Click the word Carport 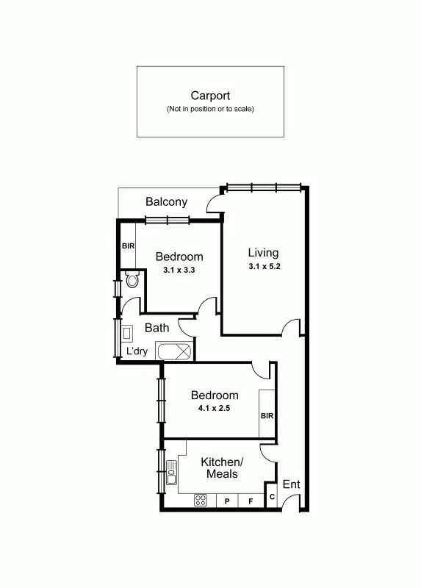point(210,96)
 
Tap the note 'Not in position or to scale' point(210,109)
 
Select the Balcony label point(166,201)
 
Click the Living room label point(263,253)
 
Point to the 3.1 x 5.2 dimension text point(263,267)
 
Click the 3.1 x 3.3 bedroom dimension point(179,270)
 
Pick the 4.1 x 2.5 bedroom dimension point(215,408)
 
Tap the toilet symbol point(132,279)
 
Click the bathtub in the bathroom point(174,351)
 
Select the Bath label point(156,328)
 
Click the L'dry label point(137,351)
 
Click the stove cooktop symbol point(201,501)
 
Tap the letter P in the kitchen point(228,501)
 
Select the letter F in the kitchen point(251,501)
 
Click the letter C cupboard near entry point(271,498)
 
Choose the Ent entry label point(292,484)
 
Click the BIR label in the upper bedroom point(128,246)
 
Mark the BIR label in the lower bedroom point(267,416)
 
